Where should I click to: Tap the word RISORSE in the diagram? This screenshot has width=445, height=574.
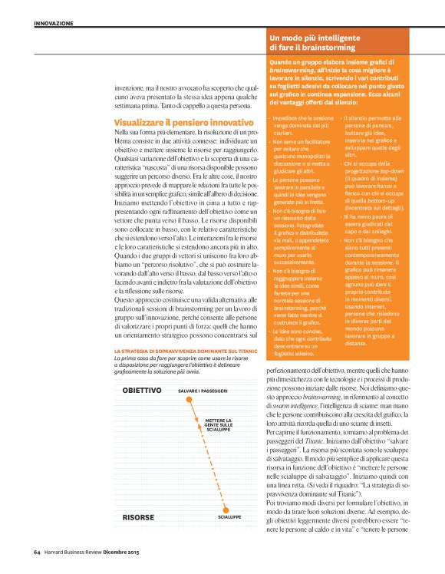pyautogui.click(x=139, y=518)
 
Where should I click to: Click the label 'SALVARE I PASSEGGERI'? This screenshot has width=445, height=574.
pyautogui.click(x=203, y=391)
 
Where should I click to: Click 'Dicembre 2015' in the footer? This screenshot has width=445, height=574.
pyautogui.click(x=144, y=551)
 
